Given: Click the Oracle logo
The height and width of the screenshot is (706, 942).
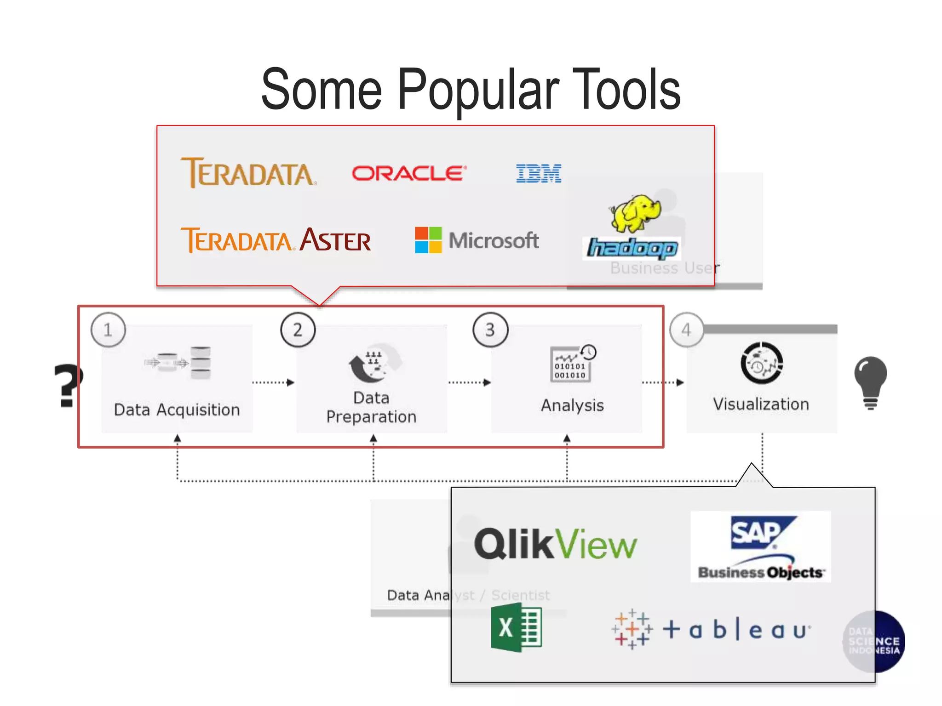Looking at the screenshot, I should click(x=409, y=173).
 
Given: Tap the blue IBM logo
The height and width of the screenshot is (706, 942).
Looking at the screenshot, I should click(x=539, y=173).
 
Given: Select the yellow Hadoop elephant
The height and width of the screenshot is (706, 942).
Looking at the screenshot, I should click(x=636, y=213).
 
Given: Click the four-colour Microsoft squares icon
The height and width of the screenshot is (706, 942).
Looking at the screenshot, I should click(x=428, y=240).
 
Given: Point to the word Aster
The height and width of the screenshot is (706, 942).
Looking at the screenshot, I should click(x=335, y=240).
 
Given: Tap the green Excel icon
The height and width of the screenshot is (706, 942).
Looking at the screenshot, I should click(x=516, y=628).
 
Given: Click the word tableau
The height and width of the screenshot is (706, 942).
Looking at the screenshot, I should click(x=736, y=630).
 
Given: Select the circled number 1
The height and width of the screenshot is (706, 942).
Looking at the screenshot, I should click(x=108, y=330).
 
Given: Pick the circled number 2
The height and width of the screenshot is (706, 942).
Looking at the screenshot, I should click(x=298, y=330).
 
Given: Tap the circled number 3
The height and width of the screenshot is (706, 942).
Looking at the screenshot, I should click(x=490, y=330).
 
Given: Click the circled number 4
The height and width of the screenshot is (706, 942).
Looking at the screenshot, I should click(x=686, y=330).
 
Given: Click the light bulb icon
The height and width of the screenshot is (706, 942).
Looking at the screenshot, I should click(x=870, y=381).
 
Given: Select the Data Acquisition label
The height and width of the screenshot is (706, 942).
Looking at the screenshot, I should click(x=177, y=410).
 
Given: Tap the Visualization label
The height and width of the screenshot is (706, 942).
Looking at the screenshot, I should click(x=761, y=404).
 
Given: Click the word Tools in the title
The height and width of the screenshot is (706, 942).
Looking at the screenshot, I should click(x=626, y=89).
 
